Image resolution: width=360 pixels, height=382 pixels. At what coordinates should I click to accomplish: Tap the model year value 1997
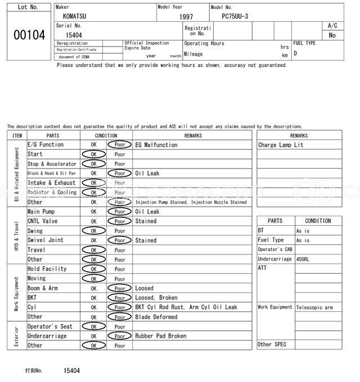click(186, 17)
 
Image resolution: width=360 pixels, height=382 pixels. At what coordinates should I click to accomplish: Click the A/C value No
click(332, 35)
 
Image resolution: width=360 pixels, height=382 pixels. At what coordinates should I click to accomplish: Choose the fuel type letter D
click(295, 54)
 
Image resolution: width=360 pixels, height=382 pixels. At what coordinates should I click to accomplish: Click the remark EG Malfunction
click(156, 145)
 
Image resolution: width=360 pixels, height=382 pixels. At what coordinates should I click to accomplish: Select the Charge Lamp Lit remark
click(281, 145)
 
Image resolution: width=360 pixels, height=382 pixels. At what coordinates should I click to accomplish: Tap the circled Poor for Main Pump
click(119, 212)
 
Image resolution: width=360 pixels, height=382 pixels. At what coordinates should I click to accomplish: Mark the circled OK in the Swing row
click(93, 231)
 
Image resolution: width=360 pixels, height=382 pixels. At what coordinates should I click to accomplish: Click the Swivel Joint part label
click(46, 240)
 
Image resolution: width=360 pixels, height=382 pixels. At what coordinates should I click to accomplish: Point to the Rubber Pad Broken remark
click(161, 336)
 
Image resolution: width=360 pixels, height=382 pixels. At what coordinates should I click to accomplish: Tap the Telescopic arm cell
click(314, 307)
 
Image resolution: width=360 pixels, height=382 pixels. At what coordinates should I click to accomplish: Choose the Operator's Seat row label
click(50, 326)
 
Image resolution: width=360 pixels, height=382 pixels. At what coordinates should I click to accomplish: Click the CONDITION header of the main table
click(106, 135)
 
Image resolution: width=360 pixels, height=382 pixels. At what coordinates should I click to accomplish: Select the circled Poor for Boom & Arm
click(119, 288)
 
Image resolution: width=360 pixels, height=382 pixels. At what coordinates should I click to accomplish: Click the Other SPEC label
click(272, 344)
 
